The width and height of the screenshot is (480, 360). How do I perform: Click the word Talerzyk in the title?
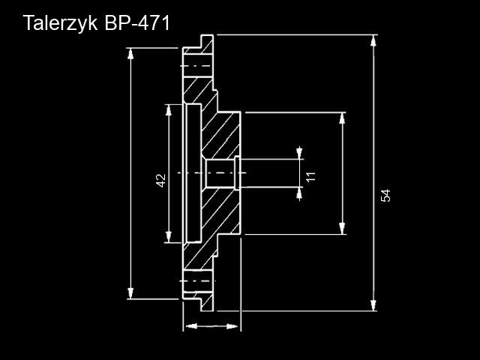point(59,23)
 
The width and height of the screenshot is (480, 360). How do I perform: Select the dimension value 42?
point(160,180)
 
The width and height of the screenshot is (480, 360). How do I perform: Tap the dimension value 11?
point(310,176)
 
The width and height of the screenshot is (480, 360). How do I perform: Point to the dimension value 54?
point(385,196)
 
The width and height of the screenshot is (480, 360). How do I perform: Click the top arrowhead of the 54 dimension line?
point(373,40)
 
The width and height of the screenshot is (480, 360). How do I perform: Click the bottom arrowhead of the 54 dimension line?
point(373,305)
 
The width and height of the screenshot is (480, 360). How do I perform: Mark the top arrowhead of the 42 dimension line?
point(168,109)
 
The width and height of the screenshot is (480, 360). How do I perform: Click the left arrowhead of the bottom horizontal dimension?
point(189,326)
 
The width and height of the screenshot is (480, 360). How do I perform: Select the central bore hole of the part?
point(219,173)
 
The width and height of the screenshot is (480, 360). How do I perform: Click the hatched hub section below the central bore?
point(222,213)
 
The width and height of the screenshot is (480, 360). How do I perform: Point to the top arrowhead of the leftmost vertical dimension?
point(131,53)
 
